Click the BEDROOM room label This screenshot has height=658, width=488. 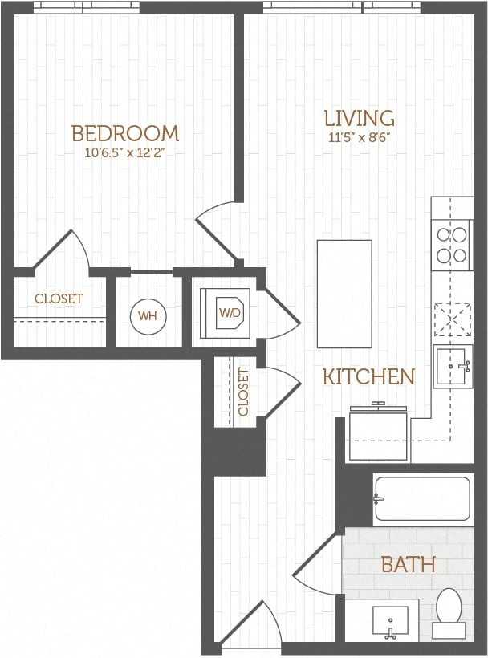(125, 133)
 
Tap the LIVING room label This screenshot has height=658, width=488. (360, 118)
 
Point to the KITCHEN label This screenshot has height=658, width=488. (369, 376)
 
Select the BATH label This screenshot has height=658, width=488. (409, 564)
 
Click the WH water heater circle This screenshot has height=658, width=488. (148, 316)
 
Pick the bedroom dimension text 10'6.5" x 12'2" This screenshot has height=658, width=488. (124, 152)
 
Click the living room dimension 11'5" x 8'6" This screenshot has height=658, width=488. (360, 138)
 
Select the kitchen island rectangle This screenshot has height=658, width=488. (344, 294)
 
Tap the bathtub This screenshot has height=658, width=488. (422, 498)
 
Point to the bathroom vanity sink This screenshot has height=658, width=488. (390, 622)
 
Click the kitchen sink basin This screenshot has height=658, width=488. (453, 367)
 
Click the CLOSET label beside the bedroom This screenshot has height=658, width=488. (59, 299)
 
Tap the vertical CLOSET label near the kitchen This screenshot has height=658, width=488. (243, 392)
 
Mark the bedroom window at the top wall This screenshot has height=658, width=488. (87, 7)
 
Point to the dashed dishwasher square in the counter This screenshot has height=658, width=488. (453, 319)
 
